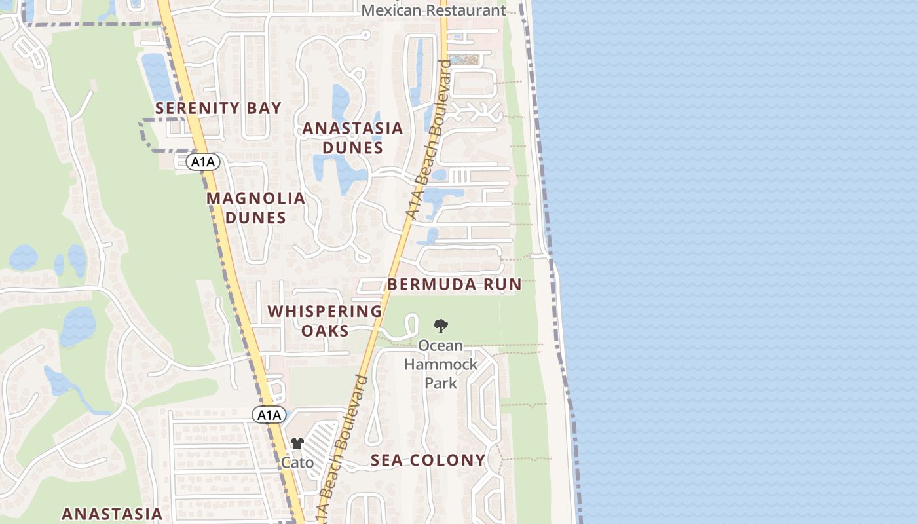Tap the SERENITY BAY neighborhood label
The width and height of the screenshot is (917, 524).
coord(218,108)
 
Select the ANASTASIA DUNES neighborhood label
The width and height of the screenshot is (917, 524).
coord(352,138)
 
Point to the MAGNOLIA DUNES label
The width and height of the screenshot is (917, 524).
coord(256,208)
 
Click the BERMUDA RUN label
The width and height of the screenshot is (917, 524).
coord(454,284)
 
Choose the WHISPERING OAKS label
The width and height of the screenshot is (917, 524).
coord(325,321)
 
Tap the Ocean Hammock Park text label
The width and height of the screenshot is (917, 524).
coord(441,364)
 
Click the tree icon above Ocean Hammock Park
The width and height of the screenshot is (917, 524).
coord(441,326)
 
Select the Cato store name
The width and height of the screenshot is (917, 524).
coord(297,462)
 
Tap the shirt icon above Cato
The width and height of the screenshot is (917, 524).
coord(297,444)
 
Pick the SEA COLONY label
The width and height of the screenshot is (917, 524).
coord(428,460)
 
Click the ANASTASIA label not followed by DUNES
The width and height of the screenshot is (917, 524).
coord(112,514)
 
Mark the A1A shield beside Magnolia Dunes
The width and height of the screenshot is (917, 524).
coord(202,162)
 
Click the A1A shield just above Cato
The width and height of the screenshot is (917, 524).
coord(269,415)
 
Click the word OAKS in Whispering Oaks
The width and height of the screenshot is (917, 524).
coord(325,331)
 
